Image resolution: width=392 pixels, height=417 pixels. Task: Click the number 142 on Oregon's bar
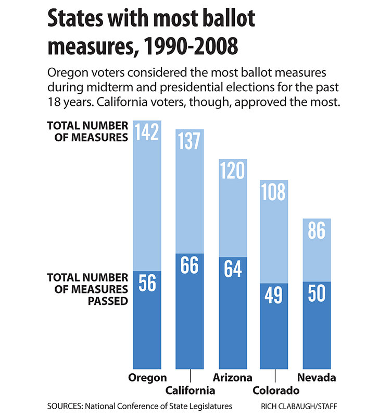tap(147, 133)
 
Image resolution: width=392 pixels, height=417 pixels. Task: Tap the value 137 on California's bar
tap(189, 141)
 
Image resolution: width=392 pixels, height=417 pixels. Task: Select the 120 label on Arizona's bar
tap(232, 170)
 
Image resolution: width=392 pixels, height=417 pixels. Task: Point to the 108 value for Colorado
tap(274, 192)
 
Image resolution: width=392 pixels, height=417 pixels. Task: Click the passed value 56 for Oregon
tap(147, 284)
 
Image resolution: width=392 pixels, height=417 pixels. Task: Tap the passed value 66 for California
tap(189, 265)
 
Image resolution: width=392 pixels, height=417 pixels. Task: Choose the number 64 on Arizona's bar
tap(232, 269)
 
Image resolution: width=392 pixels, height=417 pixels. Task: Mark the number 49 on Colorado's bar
tap(274, 295)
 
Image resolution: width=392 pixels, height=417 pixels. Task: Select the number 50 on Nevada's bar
tap(317, 293)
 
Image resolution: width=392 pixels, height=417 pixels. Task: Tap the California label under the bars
tap(190, 390)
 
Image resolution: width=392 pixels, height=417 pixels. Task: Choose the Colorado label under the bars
tap(275, 390)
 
